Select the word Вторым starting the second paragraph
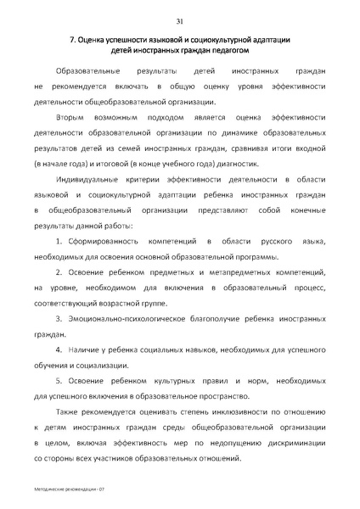coord(70,117)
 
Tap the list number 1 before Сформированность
coord(59,243)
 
